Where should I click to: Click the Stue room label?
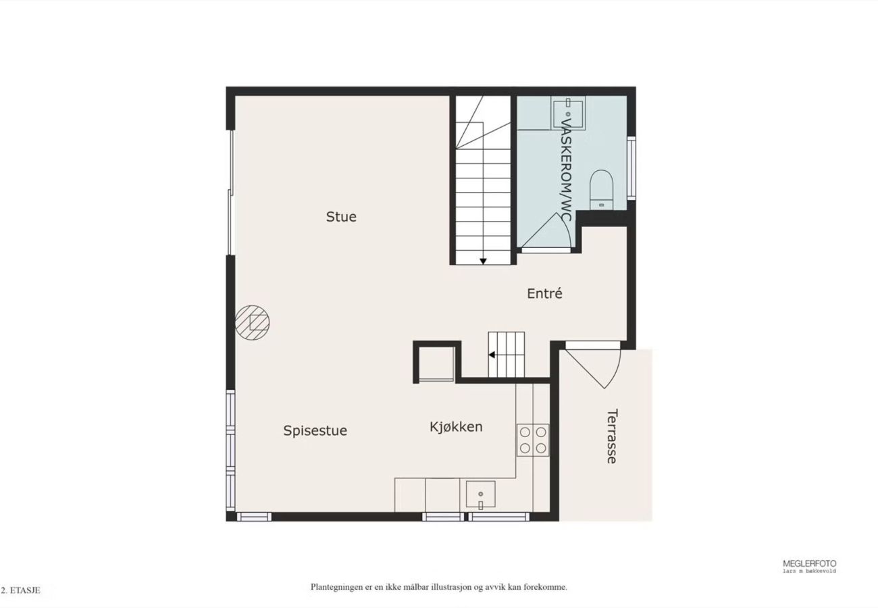click(x=341, y=217)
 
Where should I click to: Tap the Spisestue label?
click(x=315, y=431)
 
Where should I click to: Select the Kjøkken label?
click(x=456, y=427)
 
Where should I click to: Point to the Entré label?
click(x=544, y=293)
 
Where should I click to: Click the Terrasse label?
click(x=612, y=436)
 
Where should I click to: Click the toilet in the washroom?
click(x=601, y=189)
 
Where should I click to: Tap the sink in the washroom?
click(x=568, y=113)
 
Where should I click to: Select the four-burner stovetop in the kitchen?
click(x=533, y=440)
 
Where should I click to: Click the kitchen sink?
click(x=481, y=495)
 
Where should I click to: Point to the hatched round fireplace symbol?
click(x=253, y=323)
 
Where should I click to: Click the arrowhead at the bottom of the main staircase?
click(x=484, y=261)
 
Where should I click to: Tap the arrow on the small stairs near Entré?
click(x=492, y=355)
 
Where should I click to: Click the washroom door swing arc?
click(x=565, y=228)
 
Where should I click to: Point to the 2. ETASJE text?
click(x=21, y=590)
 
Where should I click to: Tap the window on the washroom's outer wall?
click(x=631, y=168)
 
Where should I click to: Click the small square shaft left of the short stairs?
click(x=437, y=363)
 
